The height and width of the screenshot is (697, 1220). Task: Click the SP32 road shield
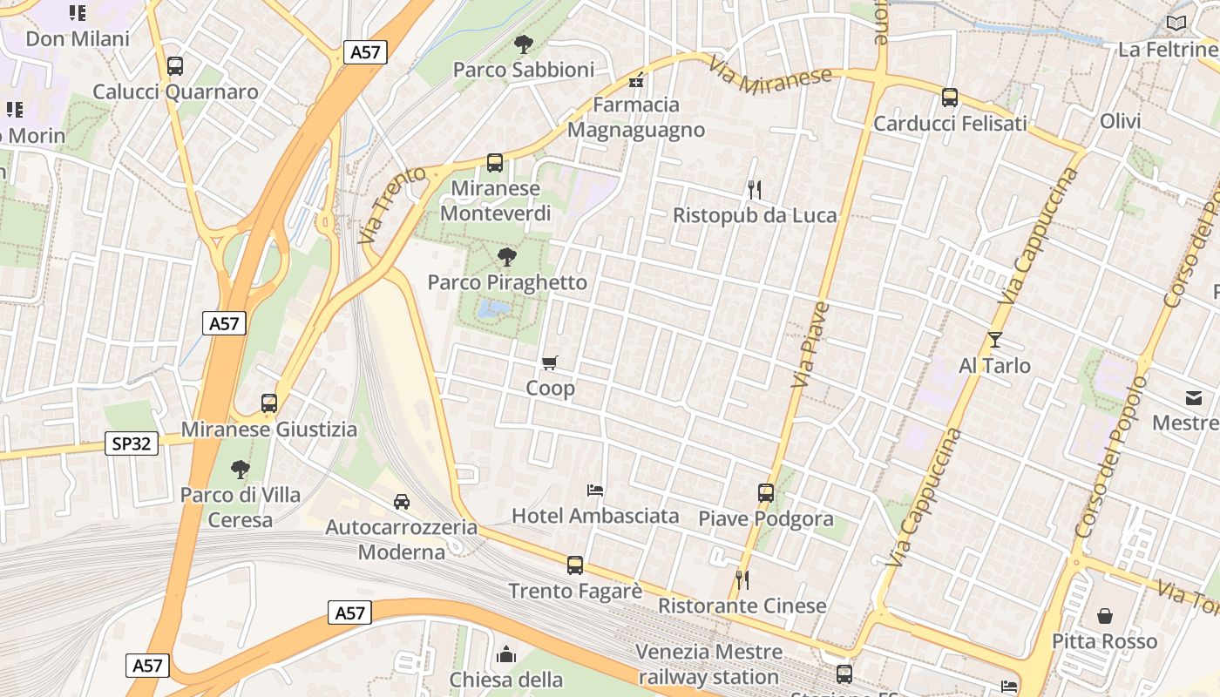click(132, 443)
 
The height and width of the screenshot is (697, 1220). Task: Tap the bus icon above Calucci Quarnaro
click(175, 65)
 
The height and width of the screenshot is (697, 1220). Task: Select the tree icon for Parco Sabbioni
click(524, 44)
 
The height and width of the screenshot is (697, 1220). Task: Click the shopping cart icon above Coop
click(549, 362)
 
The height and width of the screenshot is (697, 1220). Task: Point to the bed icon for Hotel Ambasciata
click(595, 490)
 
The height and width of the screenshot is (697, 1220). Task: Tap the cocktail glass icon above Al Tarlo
click(995, 340)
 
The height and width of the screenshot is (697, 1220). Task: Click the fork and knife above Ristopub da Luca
click(755, 188)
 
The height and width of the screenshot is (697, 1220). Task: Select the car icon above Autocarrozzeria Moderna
click(402, 501)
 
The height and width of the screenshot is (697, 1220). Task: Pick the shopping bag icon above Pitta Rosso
click(1105, 616)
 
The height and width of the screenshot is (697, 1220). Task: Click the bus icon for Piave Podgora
click(766, 493)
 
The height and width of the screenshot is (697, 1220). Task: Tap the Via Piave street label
click(810, 345)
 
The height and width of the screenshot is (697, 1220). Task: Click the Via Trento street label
click(392, 206)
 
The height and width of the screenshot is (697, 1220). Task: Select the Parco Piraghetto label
click(507, 282)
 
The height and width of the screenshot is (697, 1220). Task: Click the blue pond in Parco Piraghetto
click(494, 308)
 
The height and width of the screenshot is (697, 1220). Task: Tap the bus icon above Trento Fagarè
click(575, 565)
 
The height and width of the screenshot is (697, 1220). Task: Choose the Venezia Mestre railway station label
click(709, 664)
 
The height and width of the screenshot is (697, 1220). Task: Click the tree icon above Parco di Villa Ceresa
click(240, 470)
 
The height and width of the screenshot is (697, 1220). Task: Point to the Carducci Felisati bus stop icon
click(950, 97)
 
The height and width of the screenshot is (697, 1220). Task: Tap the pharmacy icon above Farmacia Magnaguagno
click(636, 80)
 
